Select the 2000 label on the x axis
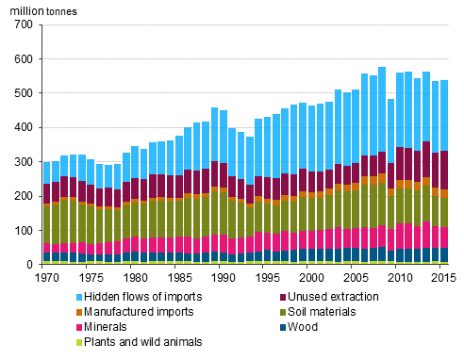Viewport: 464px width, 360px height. click(x=309, y=278)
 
